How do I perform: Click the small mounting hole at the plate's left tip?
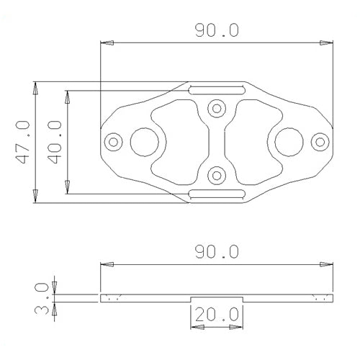click(x=112, y=141)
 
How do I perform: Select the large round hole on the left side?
click(x=141, y=141)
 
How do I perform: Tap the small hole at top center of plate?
click(x=216, y=109)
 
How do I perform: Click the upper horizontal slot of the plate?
click(x=216, y=90)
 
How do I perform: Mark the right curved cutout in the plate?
click(x=254, y=141)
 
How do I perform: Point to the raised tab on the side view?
click(x=216, y=297)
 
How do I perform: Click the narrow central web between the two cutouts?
click(x=216, y=141)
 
